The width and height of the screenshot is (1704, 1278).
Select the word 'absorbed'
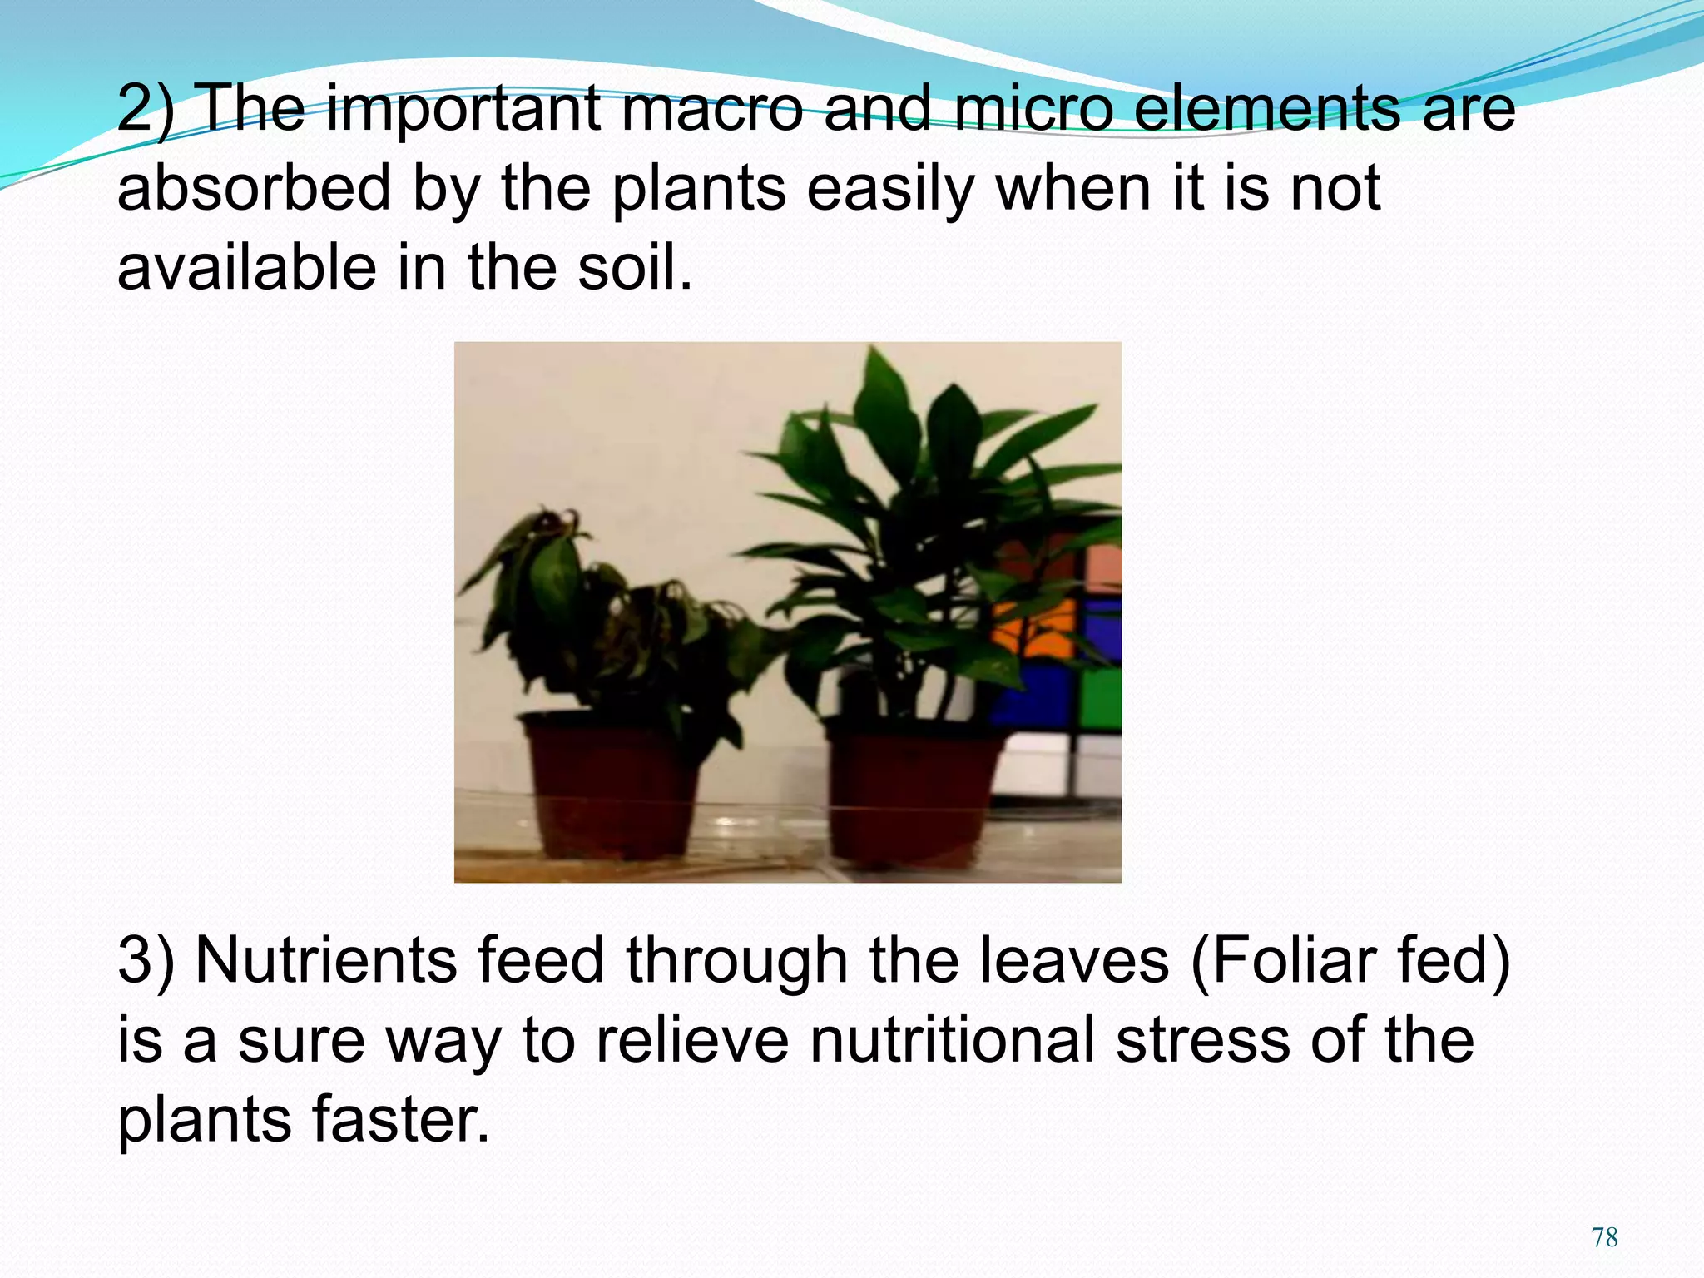point(254,188)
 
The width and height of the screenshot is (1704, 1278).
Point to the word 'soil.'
point(635,268)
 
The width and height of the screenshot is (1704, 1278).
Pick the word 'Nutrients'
point(325,961)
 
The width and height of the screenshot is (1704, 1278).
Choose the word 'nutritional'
point(952,1041)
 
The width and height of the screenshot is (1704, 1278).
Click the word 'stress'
point(1203,1041)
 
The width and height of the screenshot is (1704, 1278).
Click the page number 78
point(1604,1237)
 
